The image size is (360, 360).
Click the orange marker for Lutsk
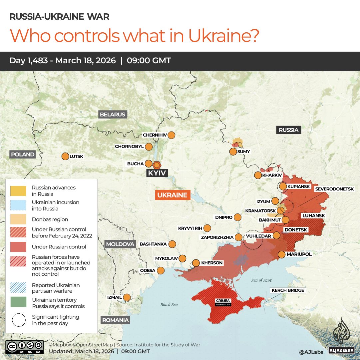click(65, 156)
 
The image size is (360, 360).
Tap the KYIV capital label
click(157, 173)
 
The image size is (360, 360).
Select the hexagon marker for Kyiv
click(157, 165)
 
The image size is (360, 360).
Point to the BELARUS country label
click(113, 115)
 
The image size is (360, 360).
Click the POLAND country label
click(23, 154)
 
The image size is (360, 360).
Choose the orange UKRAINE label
click(172, 195)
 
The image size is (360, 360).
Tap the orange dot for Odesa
click(161, 270)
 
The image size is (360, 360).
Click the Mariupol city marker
click(281, 254)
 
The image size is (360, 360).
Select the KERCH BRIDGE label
click(288, 290)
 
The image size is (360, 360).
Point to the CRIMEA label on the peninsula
click(223, 301)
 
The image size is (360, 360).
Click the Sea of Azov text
click(262, 280)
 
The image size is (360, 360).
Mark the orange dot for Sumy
click(233, 152)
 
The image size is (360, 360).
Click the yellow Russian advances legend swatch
click(18, 191)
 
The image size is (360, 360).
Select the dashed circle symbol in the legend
click(18, 320)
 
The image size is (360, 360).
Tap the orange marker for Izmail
click(127, 297)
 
